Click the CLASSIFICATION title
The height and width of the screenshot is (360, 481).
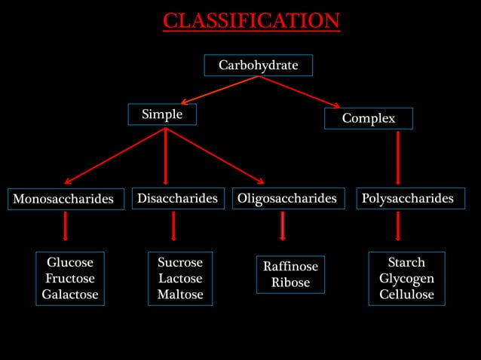tap(251, 20)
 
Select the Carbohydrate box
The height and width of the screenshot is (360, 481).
tap(258, 66)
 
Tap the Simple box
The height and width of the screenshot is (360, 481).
tap(162, 114)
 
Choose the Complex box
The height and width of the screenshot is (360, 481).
tap(369, 118)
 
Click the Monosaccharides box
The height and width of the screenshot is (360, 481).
tap(66, 199)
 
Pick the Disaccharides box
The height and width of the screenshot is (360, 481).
tap(177, 198)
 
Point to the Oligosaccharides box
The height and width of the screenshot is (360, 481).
tap(287, 198)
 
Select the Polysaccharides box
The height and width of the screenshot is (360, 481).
tap(408, 198)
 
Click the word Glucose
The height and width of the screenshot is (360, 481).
tap(70, 263)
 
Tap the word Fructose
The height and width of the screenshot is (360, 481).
tap(70, 279)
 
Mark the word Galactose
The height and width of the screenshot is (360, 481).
tap(70, 294)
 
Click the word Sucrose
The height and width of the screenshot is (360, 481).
tap(180, 263)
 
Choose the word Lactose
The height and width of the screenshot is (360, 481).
tap(180, 279)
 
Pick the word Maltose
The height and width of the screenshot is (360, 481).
tap(180, 294)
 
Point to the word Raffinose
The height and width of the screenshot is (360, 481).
tap(290, 267)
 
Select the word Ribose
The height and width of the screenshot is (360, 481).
tap(290, 283)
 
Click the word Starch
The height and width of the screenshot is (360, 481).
tap(406, 262)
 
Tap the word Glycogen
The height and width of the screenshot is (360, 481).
tap(406, 279)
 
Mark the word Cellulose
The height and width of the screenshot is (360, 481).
tap(406, 294)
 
